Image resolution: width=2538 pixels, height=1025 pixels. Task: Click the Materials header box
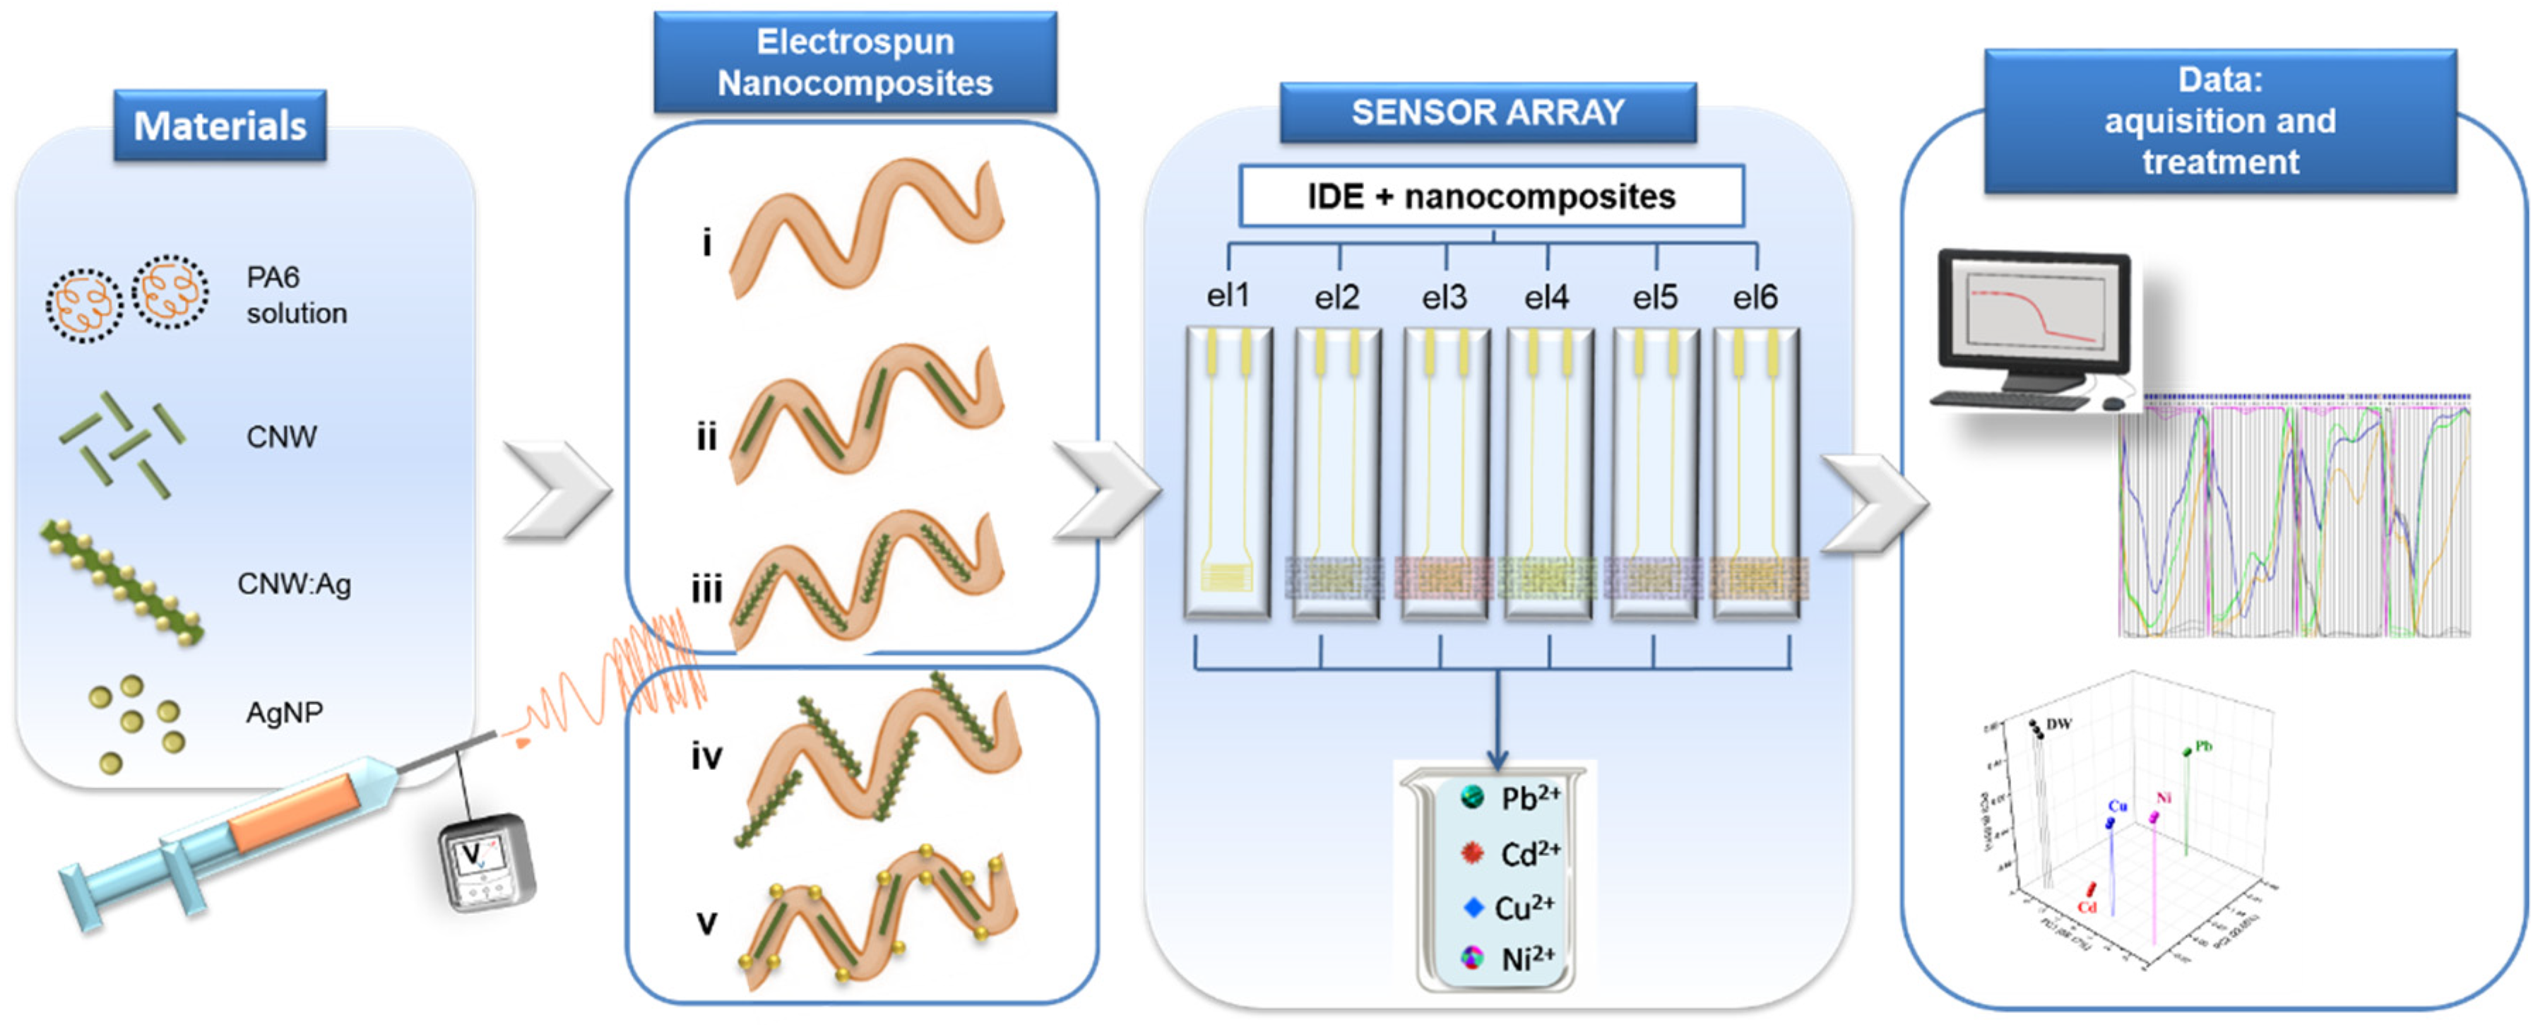[220, 125]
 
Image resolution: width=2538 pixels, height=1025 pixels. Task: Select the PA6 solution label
[295, 295]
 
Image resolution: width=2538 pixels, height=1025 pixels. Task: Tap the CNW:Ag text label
[294, 583]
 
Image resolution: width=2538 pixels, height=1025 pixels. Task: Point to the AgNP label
[284, 711]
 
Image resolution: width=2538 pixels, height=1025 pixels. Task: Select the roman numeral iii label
[706, 589]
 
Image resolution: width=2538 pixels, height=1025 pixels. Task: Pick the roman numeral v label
[706, 923]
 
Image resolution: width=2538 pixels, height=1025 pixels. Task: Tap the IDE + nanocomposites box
[1490, 196]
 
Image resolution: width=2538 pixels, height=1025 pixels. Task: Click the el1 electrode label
[1228, 295]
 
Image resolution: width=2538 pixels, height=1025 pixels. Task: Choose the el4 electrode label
[1546, 297]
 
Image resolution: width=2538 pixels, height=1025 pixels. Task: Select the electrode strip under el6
[1757, 473]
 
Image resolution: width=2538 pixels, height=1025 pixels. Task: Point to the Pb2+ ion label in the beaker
[1529, 798]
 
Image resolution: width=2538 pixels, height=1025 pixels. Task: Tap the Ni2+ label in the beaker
[1527, 958]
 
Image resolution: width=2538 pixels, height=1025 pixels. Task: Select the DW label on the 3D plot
[2058, 723]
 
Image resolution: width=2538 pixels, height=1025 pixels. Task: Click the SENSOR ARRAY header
[1487, 112]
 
